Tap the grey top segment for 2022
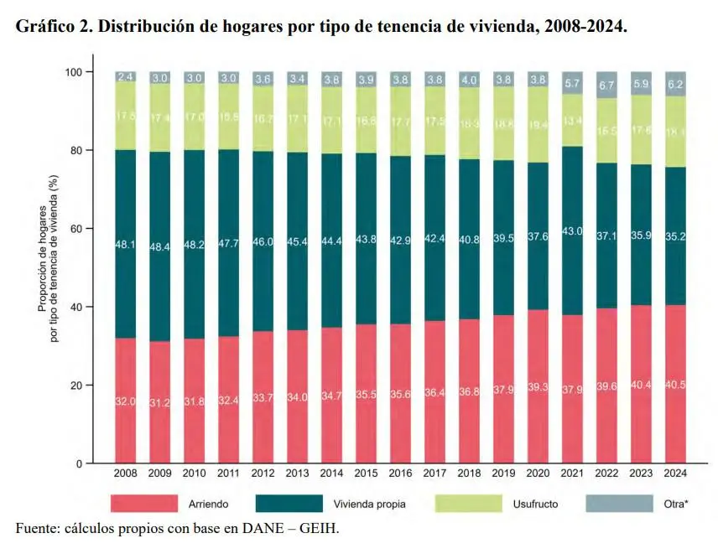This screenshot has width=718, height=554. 607,85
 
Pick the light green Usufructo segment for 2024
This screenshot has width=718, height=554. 676,132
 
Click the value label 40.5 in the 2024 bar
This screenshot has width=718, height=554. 676,401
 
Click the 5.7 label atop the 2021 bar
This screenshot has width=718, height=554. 573,82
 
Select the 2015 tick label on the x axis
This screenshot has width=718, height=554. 367,474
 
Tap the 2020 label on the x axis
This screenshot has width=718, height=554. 538,474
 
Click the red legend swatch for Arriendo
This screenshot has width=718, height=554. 144,504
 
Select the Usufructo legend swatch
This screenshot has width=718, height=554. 468,504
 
